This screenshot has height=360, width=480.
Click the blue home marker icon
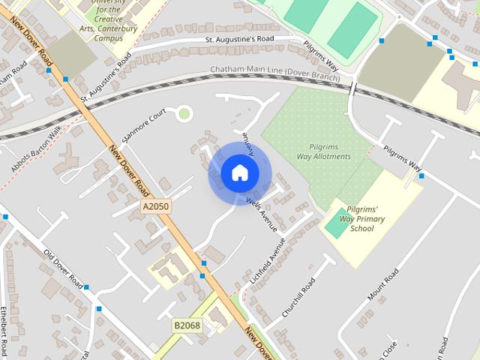point(239,173)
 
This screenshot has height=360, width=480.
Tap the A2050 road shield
point(155,206)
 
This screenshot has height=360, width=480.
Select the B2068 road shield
point(187,325)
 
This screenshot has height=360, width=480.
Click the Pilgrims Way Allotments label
point(329,151)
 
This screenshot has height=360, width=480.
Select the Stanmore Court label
point(143,127)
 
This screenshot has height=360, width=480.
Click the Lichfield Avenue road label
point(266,262)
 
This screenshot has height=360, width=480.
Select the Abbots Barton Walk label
point(36,154)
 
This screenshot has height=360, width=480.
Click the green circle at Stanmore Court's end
point(184,114)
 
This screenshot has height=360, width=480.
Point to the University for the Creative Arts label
point(107,16)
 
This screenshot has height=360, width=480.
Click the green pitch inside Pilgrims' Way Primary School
point(337,223)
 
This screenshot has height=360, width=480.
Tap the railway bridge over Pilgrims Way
point(352,87)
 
